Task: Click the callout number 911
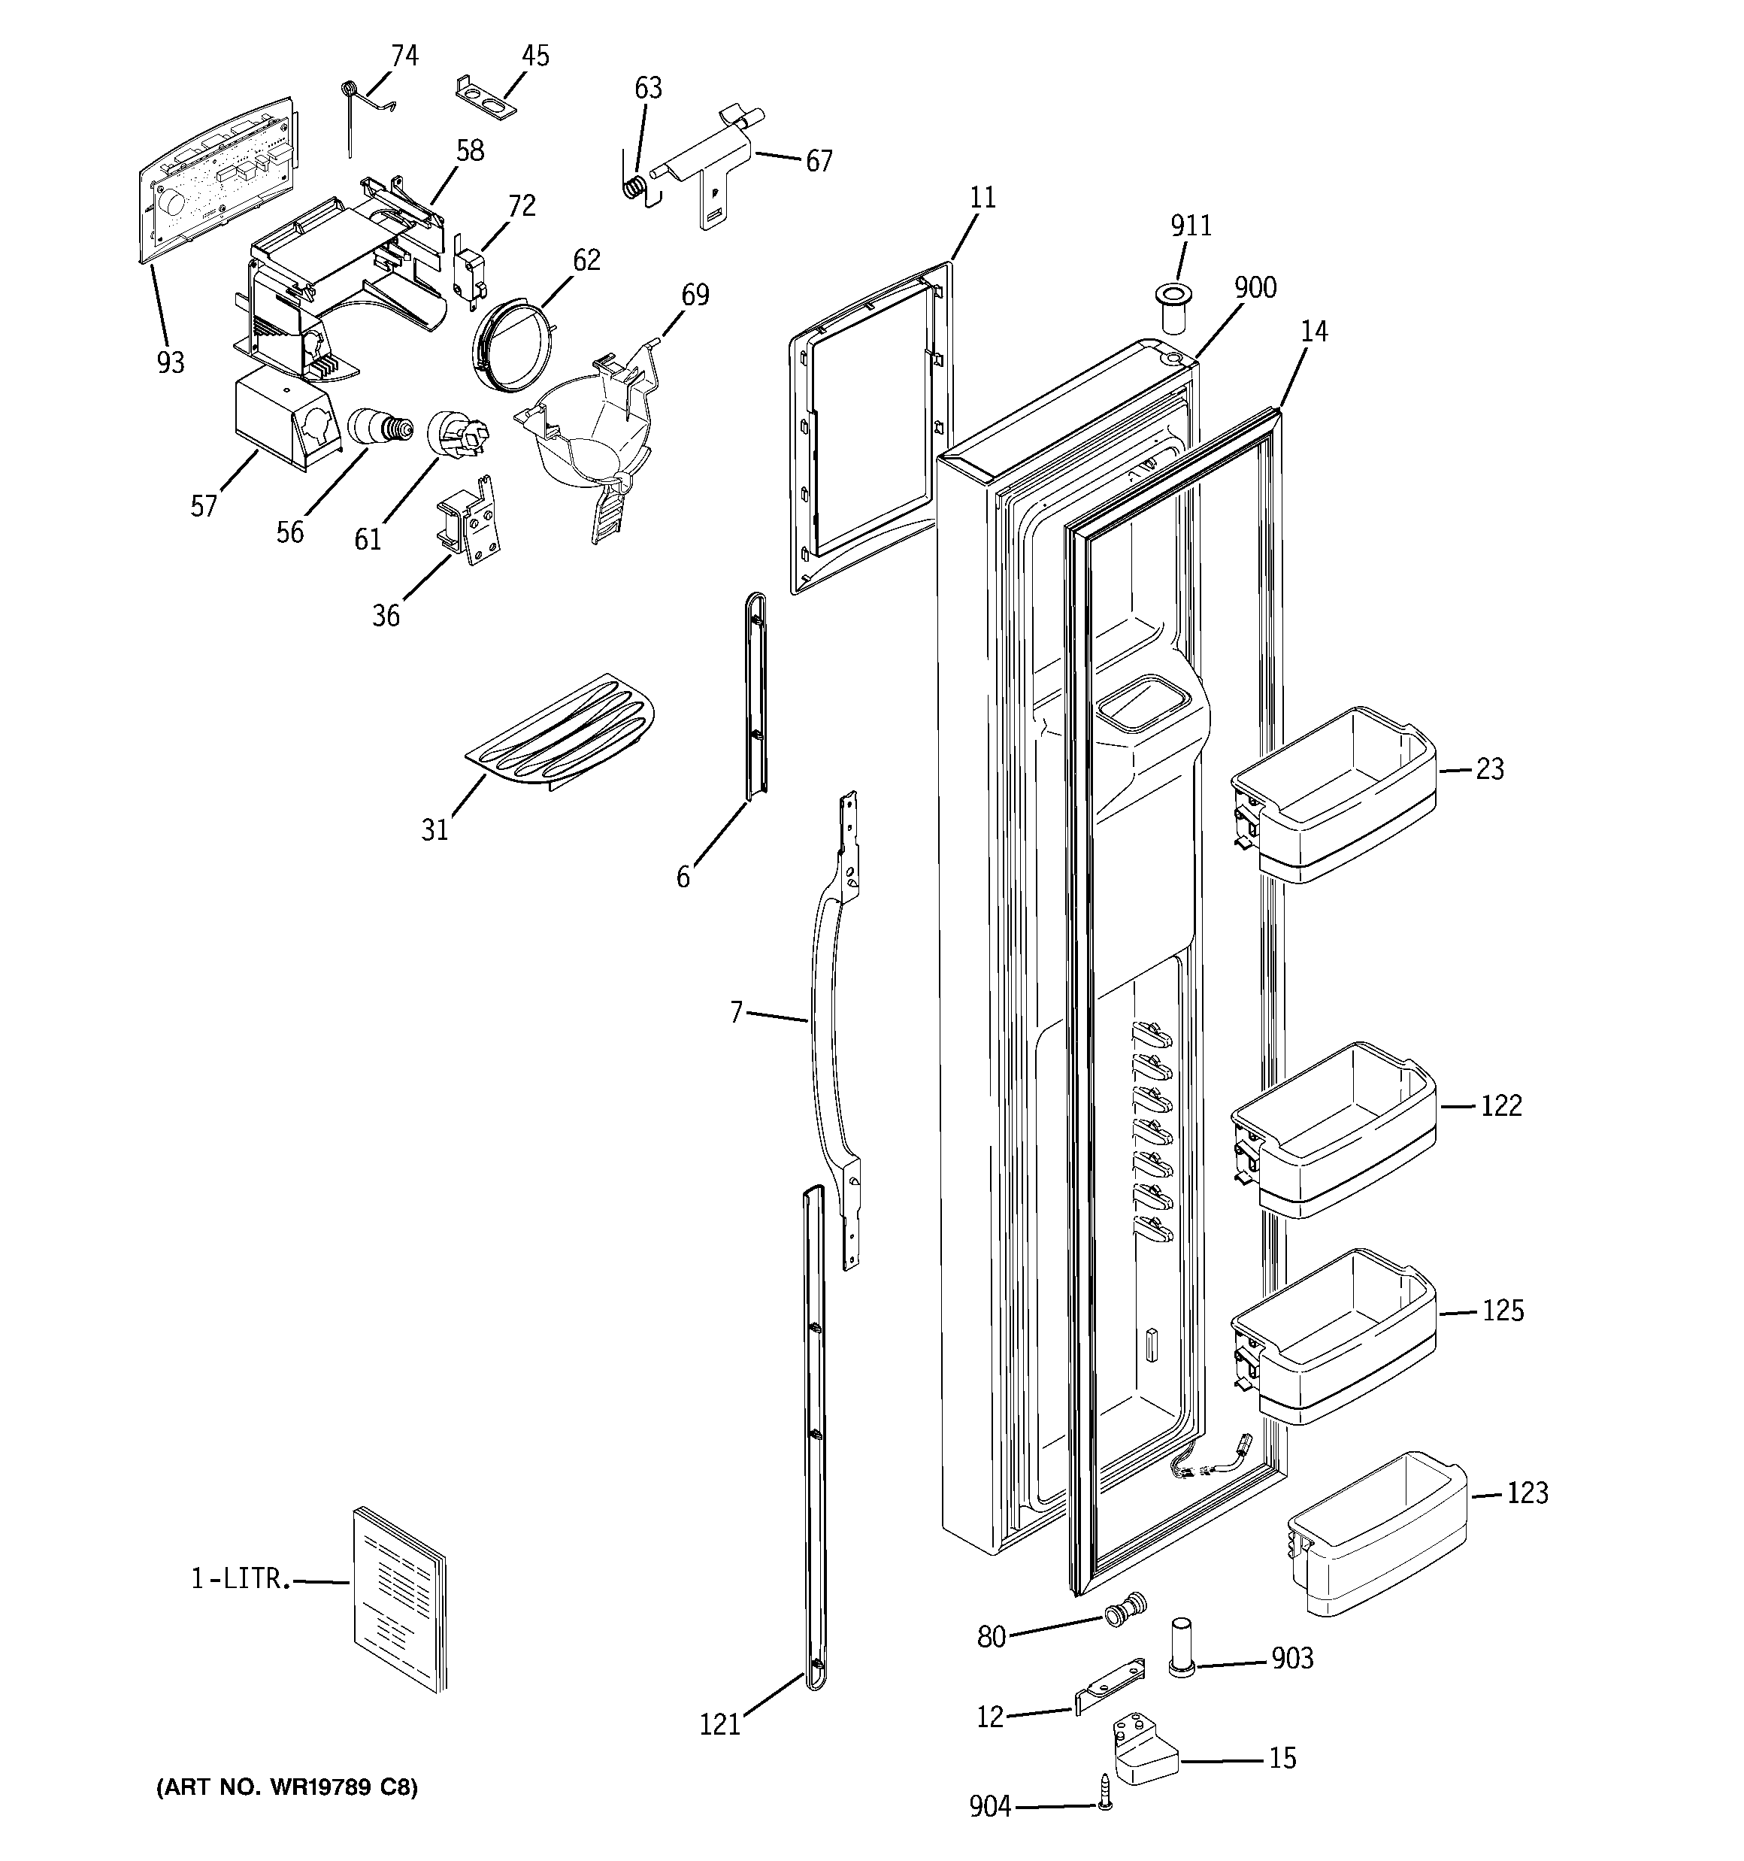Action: [x=1191, y=226]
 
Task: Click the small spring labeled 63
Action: [x=636, y=187]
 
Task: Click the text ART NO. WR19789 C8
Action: [x=286, y=1787]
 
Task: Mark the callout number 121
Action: [x=720, y=1724]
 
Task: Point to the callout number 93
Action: [x=171, y=362]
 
